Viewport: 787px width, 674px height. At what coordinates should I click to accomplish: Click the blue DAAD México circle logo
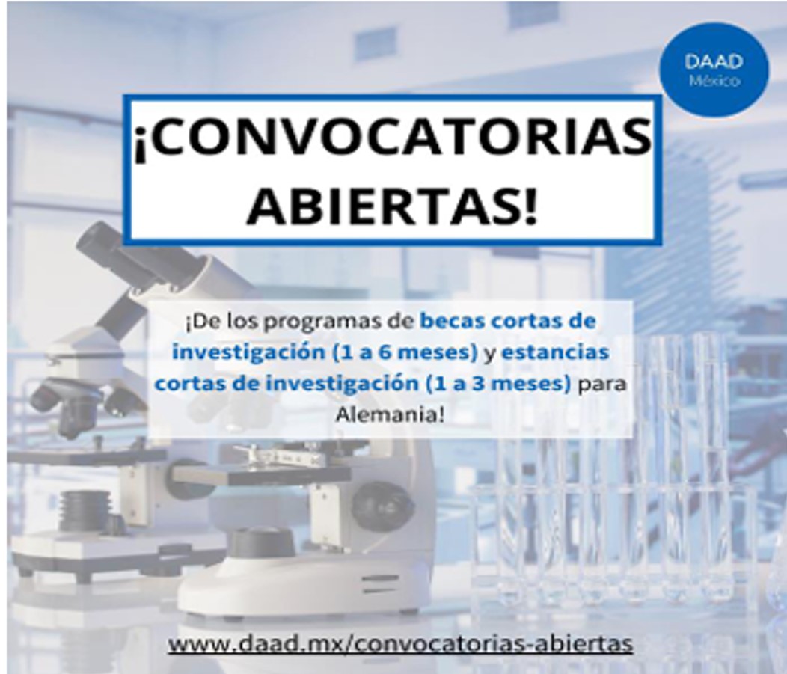click(x=714, y=70)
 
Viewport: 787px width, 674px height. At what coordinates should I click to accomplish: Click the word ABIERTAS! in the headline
click(x=392, y=205)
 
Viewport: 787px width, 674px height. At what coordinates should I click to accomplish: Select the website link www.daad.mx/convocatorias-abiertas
click(x=400, y=643)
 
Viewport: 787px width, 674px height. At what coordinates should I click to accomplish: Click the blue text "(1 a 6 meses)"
click(x=405, y=352)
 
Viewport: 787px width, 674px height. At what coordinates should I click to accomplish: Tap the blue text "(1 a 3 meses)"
click(x=497, y=384)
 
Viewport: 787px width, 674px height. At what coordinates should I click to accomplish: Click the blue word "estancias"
click(x=555, y=352)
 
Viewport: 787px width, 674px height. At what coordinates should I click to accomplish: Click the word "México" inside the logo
click(x=714, y=81)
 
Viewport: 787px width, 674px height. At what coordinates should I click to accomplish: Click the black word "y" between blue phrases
click(x=490, y=354)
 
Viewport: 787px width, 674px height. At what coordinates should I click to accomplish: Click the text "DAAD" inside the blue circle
click(x=714, y=61)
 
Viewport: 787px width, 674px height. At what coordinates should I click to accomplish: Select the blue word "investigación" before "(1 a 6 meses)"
click(x=249, y=352)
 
